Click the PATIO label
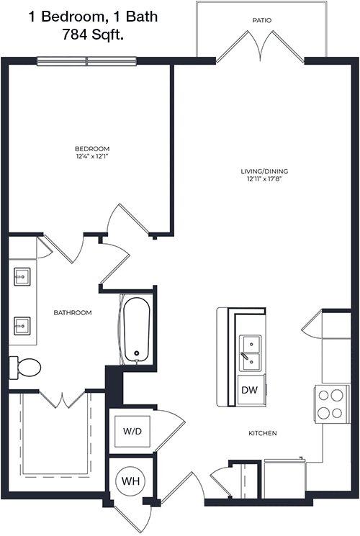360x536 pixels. pos(262,21)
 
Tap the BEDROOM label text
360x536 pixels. pos(92,149)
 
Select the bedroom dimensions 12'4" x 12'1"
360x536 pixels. pos(92,157)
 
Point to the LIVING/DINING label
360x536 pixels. pos(264,171)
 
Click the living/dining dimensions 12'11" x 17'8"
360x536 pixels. pos(264,179)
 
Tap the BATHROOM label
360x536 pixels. pos(73,312)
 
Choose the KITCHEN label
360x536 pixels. pos(263,433)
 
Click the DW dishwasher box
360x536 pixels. pos(251,390)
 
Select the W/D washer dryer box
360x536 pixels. pos(132,431)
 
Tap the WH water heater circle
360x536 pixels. pos(130,481)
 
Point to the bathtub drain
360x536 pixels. pos(137,353)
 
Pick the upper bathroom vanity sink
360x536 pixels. pos(22,276)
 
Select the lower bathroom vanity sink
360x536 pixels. pos(22,326)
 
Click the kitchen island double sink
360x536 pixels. pos(251,353)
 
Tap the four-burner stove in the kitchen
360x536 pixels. pos(331,404)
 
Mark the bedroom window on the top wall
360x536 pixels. pos(87,61)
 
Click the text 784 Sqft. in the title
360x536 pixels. pos(93,35)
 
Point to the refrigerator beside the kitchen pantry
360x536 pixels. pos(284,478)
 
